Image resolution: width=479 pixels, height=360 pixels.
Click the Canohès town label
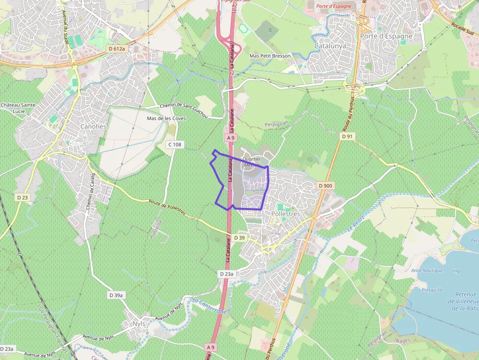click(x=92, y=127)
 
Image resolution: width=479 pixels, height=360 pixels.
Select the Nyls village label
click(x=139, y=324)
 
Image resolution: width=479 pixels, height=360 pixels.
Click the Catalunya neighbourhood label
click(x=330, y=46)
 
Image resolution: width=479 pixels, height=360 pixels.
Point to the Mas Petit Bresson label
click(x=270, y=56)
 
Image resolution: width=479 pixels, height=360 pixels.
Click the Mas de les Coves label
click(x=166, y=118)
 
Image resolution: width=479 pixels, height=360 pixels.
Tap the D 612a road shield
click(x=117, y=49)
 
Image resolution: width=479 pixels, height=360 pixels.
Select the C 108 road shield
click(x=174, y=145)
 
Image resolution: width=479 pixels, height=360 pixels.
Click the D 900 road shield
click(x=325, y=186)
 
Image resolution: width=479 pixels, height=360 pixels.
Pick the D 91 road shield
click(x=347, y=137)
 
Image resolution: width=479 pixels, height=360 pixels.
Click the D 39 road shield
click(x=239, y=237)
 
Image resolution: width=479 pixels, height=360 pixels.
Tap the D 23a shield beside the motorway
click(x=226, y=274)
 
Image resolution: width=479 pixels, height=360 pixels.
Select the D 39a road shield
click(x=117, y=295)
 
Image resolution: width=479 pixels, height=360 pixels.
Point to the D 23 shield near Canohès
click(x=22, y=197)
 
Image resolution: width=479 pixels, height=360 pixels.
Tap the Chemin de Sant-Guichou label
click(x=184, y=110)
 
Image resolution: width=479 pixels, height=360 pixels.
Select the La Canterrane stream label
click(x=209, y=306)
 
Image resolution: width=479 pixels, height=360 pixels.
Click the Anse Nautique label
click(x=427, y=270)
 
